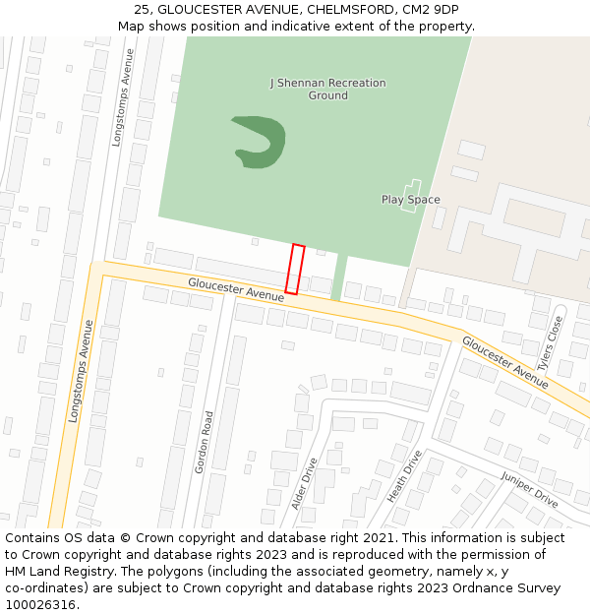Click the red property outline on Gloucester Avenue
(295, 269)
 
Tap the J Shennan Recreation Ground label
(327, 90)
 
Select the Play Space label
(410, 200)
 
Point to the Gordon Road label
(205, 442)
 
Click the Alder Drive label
(305, 483)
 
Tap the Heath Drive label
(404, 476)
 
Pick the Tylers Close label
(557, 339)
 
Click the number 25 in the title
(142, 9)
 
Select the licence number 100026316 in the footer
(39, 605)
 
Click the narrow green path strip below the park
(339, 277)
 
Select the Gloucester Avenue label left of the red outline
(236, 288)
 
